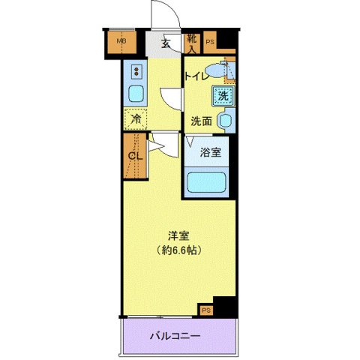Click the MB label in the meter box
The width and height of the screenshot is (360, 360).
point(120,40)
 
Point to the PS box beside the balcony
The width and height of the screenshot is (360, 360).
point(205,309)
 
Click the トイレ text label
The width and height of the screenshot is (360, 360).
point(196,75)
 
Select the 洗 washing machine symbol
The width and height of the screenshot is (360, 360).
point(222,95)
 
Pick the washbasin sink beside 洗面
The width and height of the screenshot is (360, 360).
point(224,120)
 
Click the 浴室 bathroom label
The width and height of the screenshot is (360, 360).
point(211,152)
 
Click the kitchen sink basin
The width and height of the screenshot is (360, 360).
point(136,95)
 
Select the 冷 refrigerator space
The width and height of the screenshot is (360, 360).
point(136,119)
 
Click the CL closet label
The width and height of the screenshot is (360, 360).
point(135,156)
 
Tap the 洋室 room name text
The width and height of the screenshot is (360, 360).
point(177,233)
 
